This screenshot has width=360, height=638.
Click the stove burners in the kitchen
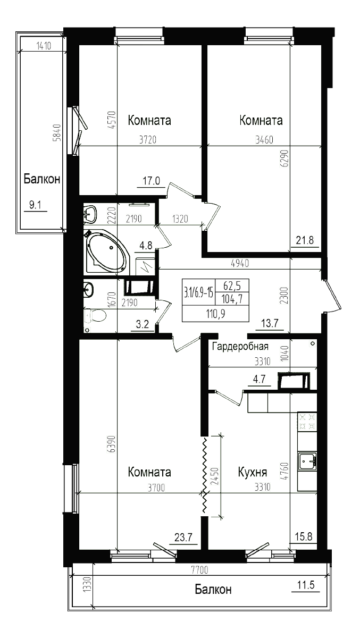pyautogui.click(x=307, y=423)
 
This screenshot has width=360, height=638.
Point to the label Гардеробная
pyautogui.click(x=240, y=347)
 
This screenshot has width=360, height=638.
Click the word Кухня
pyautogui.click(x=253, y=473)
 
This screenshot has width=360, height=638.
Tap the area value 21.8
pyautogui.click(x=305, y=240)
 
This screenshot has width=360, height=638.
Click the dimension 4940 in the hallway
pyautogui.click(x=240, y=263)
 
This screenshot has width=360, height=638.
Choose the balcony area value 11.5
pyautogui.click(x=306, y=585)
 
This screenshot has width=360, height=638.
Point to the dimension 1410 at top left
pyautogui.click(x=43, y=46)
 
